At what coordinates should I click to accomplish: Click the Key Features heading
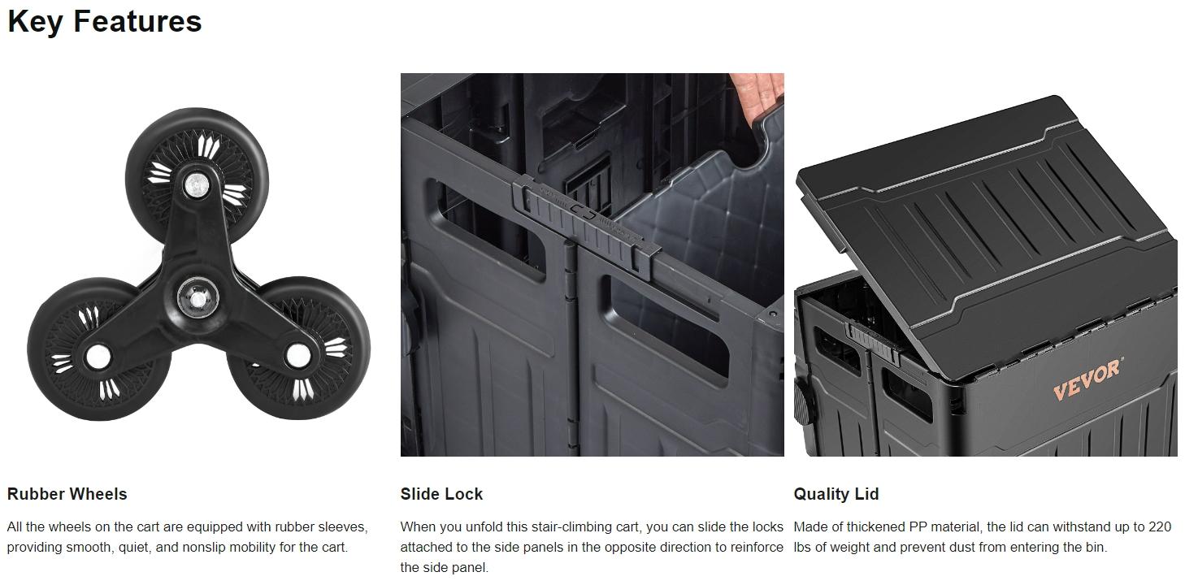point(105,22)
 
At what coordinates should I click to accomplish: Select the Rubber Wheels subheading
point(67,494)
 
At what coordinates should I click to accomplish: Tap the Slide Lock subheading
point(441,494)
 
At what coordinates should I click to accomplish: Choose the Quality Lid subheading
point(836,494)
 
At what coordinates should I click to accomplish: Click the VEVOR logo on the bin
point(1087,379)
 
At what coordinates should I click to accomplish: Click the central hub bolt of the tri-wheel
point(197,298)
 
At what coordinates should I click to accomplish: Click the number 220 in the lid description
point(1160,526)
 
